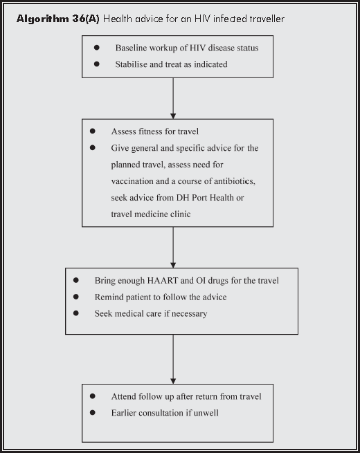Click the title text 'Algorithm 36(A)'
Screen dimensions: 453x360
point(58,19)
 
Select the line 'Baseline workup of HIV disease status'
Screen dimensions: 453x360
point(186,48)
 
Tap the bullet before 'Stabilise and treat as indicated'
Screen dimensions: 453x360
point(97,64)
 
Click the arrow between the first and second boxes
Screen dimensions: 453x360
point(173,97)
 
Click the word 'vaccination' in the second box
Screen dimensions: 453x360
point(133,181)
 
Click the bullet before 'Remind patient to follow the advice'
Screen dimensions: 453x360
point(76,297)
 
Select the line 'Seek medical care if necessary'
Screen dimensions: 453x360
point(150,313)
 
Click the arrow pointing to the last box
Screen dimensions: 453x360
point(173,360)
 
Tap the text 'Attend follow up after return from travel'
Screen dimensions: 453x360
point(186,396)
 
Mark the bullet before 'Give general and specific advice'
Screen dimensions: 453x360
point(93,148)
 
